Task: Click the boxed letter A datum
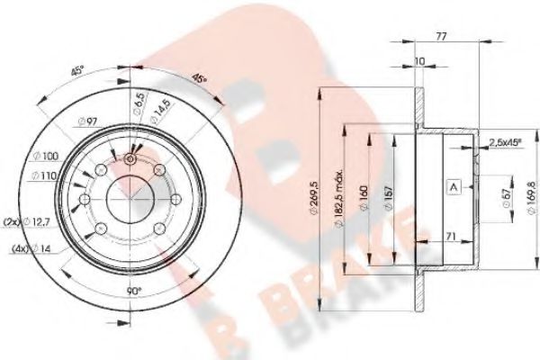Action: coord(454,187)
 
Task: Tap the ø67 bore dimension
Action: coord(481,197)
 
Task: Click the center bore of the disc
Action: coord(130,193)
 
